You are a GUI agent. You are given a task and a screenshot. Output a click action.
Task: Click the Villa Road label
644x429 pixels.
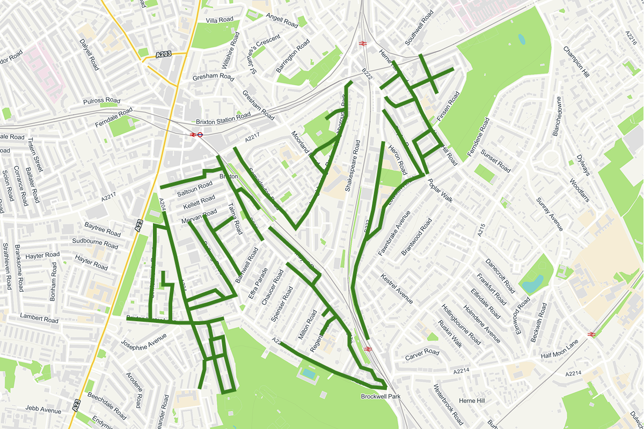(219, 20)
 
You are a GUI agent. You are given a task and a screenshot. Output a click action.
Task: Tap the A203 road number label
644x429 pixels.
(165, 55)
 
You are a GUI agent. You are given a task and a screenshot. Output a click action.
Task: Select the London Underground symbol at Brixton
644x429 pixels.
(199, 135)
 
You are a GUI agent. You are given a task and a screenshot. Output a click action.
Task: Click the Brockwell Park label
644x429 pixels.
(380, 397)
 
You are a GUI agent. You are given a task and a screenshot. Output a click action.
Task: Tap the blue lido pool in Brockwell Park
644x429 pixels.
(308, 373)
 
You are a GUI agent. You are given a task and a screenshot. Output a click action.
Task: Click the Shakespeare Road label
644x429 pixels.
(355, 166)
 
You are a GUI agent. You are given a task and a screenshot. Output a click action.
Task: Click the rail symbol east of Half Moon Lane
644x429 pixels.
(592, 334)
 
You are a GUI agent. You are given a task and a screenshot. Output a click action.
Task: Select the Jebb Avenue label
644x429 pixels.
(43, 410)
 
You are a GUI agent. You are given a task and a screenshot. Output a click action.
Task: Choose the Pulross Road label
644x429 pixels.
(101, 101)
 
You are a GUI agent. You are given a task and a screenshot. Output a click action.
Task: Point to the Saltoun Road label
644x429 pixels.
(195, 188)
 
